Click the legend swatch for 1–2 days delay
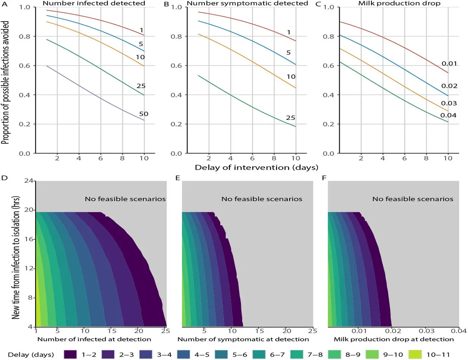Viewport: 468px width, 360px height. [70, 354]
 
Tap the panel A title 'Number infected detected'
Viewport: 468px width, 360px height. [94, 3]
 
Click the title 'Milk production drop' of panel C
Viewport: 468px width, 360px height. [399, 3]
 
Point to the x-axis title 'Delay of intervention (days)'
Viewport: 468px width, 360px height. [256, 167]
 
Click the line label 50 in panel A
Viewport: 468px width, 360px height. [144, 114]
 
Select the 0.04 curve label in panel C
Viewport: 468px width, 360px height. [448, 115]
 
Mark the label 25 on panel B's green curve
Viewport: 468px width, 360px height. [290, 118]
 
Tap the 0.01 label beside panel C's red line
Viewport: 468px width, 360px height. [449, 63]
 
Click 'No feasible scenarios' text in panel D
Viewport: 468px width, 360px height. [125, 199]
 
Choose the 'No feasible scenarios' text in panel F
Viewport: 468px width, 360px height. [412, 199]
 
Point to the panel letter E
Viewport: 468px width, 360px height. [178, 178]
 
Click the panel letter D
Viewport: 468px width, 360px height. [5, 178]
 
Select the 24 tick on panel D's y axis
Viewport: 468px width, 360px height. [29, 181]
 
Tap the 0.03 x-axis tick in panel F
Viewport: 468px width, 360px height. [426, 331]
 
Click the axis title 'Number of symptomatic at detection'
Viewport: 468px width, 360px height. [243, 339]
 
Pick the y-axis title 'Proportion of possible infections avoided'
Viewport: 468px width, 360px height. [5, 82]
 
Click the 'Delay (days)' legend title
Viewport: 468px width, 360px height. [31, 355]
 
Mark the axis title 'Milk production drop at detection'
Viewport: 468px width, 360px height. [394, 339]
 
